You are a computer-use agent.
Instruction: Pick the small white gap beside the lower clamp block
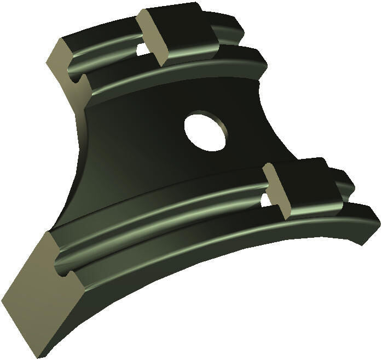click(265, 200)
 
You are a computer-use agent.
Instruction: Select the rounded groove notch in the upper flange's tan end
click(77, 82)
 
